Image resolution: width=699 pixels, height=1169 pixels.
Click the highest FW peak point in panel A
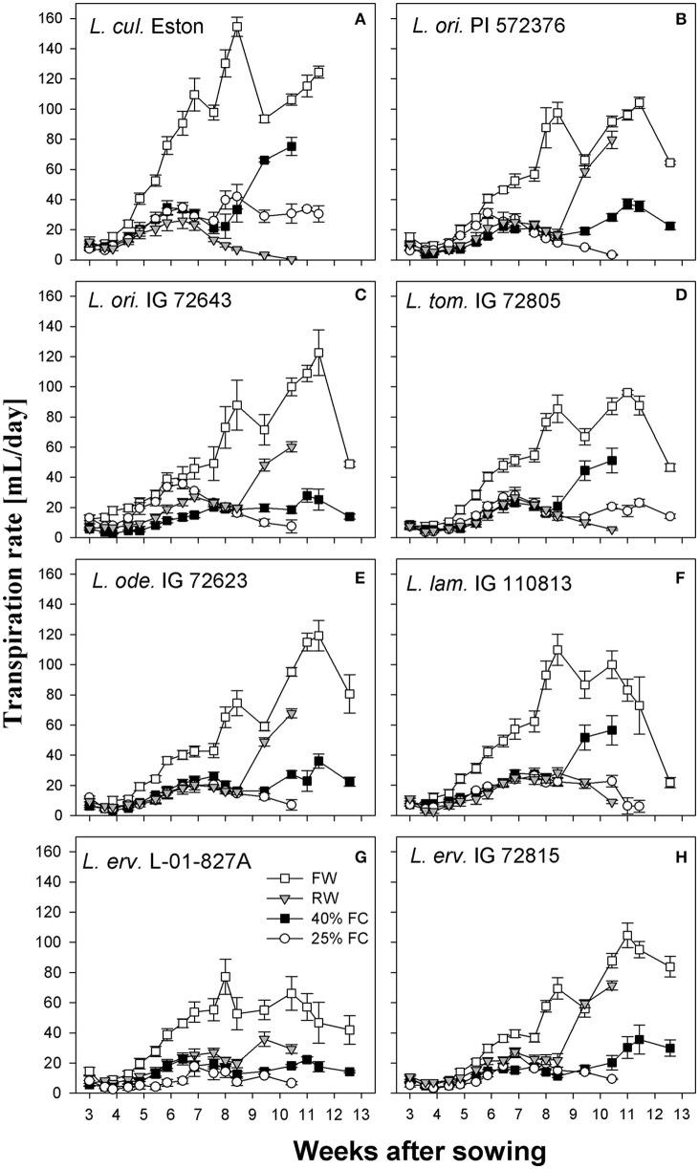point(237,29)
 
